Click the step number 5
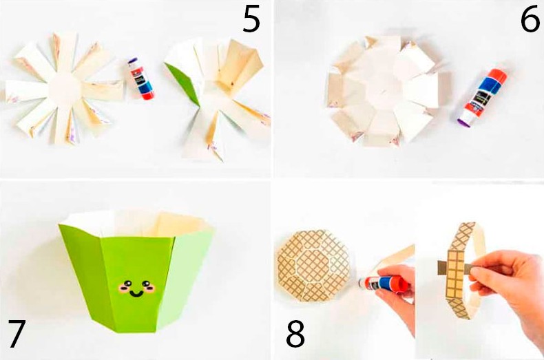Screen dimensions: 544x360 click(251, 19)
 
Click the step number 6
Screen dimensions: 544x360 click(530, 19)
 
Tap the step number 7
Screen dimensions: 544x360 click(17, 333)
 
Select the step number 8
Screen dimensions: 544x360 click(295, 334)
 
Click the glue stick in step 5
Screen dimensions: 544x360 click(140, 78)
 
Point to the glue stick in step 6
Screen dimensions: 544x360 click(483, 98)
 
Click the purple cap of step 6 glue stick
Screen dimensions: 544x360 click(465, 121)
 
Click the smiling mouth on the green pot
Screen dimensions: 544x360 click(136, 294)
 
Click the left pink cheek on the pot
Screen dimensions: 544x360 click(123, 288)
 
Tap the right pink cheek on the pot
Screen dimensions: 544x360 click(151, 288)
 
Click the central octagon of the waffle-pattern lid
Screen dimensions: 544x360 click(313, 265)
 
